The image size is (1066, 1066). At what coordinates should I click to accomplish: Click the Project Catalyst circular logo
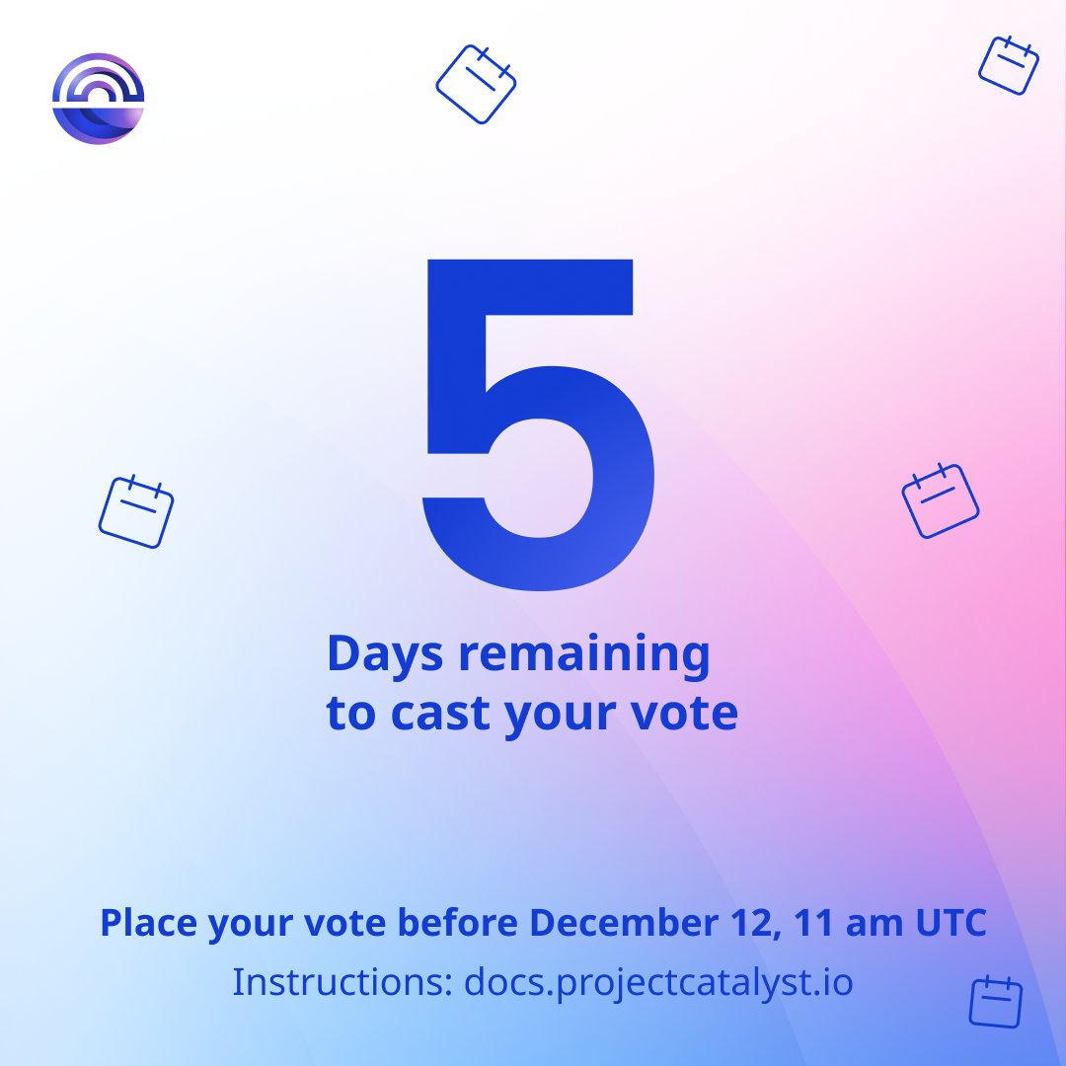98,99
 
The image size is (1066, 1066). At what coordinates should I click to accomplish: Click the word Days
384,655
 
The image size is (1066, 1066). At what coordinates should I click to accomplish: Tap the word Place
148,924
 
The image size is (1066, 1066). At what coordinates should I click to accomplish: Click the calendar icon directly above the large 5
476,84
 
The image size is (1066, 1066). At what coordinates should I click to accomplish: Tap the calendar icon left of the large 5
136,511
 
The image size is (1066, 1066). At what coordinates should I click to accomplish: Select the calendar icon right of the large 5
940,500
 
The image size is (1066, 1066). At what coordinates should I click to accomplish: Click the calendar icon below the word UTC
995,1003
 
